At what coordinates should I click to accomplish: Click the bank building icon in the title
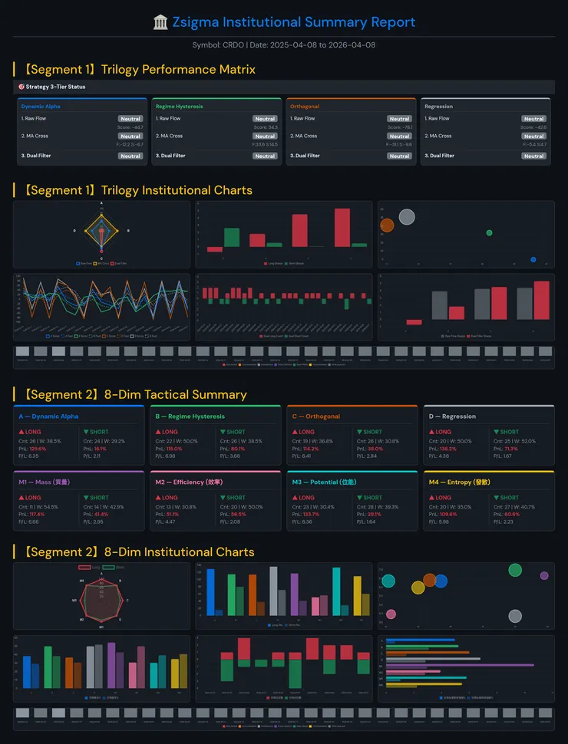pos(160,22)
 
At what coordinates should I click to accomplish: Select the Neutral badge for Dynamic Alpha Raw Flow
pos(130,119)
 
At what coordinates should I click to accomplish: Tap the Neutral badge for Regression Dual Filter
pos(534,156)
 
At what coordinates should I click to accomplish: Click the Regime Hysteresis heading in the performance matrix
pos(179,107)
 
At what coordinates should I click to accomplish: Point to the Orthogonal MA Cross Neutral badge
pos(399,137)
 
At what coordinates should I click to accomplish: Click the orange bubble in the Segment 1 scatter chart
pos(387,225)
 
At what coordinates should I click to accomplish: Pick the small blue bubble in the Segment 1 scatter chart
pos(533,259)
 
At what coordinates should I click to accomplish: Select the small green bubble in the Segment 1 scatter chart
pos(490,232)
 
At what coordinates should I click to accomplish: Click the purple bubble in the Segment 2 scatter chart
pos(544,575)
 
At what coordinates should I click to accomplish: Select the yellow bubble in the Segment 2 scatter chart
pos(418,588)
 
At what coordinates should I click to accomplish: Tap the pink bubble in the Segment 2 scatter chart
pos(391,614)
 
